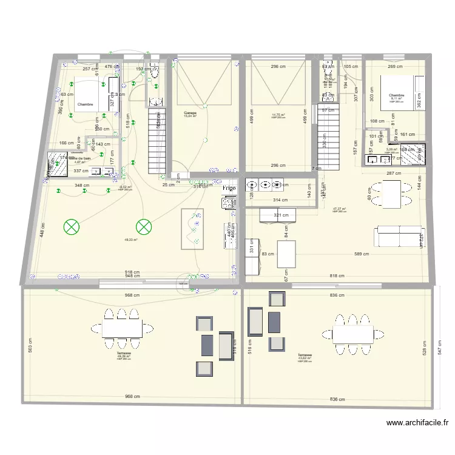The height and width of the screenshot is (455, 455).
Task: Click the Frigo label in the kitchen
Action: pos(229,189)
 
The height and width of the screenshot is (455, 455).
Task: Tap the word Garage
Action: pos(191,113)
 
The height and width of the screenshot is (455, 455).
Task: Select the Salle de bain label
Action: pos(79,158)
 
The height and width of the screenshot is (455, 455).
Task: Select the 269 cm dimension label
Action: pos(395,67)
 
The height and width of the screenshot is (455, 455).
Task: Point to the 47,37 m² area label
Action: pos(339,209)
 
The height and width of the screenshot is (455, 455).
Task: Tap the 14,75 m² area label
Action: pos(278,115)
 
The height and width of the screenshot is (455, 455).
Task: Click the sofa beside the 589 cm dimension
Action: pos(399,237)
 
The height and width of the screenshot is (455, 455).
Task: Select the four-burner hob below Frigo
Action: pos(229,203)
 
